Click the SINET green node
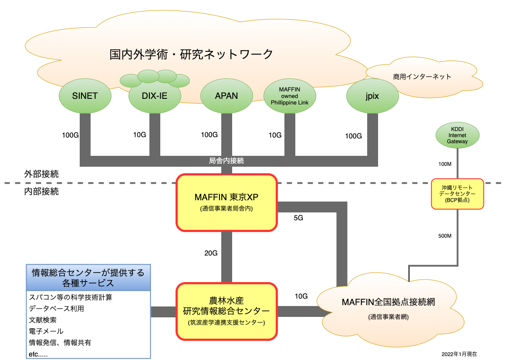[x=85, y=96]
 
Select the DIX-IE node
[x=155, y=96]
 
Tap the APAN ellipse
[x=226, y=96]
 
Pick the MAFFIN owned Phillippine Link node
[x=290, y=96]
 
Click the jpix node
[x=372, y=96]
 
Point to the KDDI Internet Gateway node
[x=457, y=135]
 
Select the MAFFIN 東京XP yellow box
[x=226, y=202]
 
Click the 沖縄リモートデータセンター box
[x=457, y=194]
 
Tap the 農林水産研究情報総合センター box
[x=226, y=312]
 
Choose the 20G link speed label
[x=211, y=253]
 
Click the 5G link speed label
[x=298, y=218]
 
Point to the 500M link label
[x=445, y=236]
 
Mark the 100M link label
[x=445, y=164]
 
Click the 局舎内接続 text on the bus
[x=226, y=161]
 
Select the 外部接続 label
[x=41, y=174]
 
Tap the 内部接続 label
[x=41, y=192]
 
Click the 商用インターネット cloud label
[x=422, y=77]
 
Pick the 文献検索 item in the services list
[x=43, y=320]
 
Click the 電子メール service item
[x=46, y=331]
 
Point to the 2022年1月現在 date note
[x=459, y=354]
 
